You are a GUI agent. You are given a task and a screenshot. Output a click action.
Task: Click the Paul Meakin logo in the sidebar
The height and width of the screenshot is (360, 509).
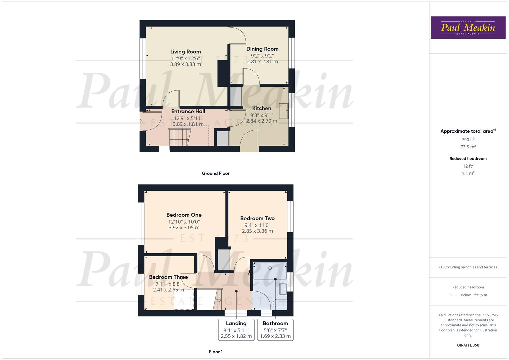(468, 28)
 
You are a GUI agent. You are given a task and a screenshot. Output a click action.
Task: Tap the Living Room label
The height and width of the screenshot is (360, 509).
(185, 52)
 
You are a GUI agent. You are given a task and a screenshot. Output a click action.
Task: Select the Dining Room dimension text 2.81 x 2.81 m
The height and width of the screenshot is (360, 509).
(262, 62)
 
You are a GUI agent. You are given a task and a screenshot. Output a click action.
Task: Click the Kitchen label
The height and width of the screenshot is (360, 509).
(262, 108)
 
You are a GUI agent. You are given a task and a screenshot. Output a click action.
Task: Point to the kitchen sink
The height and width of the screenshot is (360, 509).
(284, 111)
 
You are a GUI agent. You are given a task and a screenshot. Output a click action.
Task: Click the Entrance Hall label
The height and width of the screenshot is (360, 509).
(188, 111)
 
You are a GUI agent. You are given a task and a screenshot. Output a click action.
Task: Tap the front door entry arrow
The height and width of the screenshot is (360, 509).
(141, 121)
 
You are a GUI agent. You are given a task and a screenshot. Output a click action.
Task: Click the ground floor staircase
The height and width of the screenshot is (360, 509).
(179, 137)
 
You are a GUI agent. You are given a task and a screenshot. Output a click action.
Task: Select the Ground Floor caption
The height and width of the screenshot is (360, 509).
(216, 173)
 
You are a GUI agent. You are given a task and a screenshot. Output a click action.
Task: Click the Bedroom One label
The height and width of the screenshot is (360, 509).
(184, 215)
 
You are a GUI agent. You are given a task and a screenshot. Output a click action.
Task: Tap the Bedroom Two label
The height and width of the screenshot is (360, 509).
(257, 219)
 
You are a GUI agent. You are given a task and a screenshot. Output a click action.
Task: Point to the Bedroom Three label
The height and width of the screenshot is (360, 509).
(168, 277)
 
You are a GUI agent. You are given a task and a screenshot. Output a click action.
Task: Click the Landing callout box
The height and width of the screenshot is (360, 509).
(236, 330)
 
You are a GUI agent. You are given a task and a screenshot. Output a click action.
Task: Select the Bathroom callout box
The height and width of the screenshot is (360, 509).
(275, 330)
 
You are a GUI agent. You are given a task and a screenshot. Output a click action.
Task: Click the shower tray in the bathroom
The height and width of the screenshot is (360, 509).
(270, 270)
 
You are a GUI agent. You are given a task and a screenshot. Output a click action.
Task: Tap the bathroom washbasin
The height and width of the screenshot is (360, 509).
(283, 289)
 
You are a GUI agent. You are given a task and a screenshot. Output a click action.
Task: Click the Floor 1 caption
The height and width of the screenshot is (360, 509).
(216, 352)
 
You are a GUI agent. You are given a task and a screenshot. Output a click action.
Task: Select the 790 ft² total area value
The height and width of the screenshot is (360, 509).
(468, 140)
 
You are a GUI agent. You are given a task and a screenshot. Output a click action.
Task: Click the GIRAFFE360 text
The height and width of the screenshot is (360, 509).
(468, 345)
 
